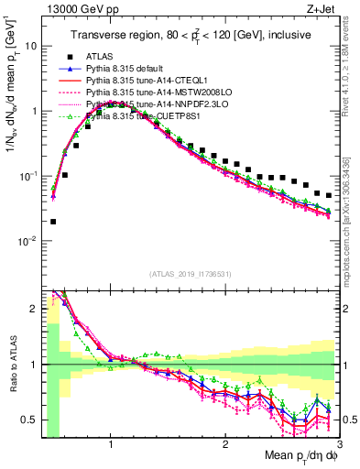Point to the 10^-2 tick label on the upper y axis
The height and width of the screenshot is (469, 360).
click(29, 241)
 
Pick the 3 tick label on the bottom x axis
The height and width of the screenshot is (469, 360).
click(338, 443)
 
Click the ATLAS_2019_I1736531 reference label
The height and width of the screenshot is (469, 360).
click(191, 273)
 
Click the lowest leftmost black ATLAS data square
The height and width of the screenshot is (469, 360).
click(53, 221)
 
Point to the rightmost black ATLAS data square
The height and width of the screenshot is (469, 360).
click(329, 195)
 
